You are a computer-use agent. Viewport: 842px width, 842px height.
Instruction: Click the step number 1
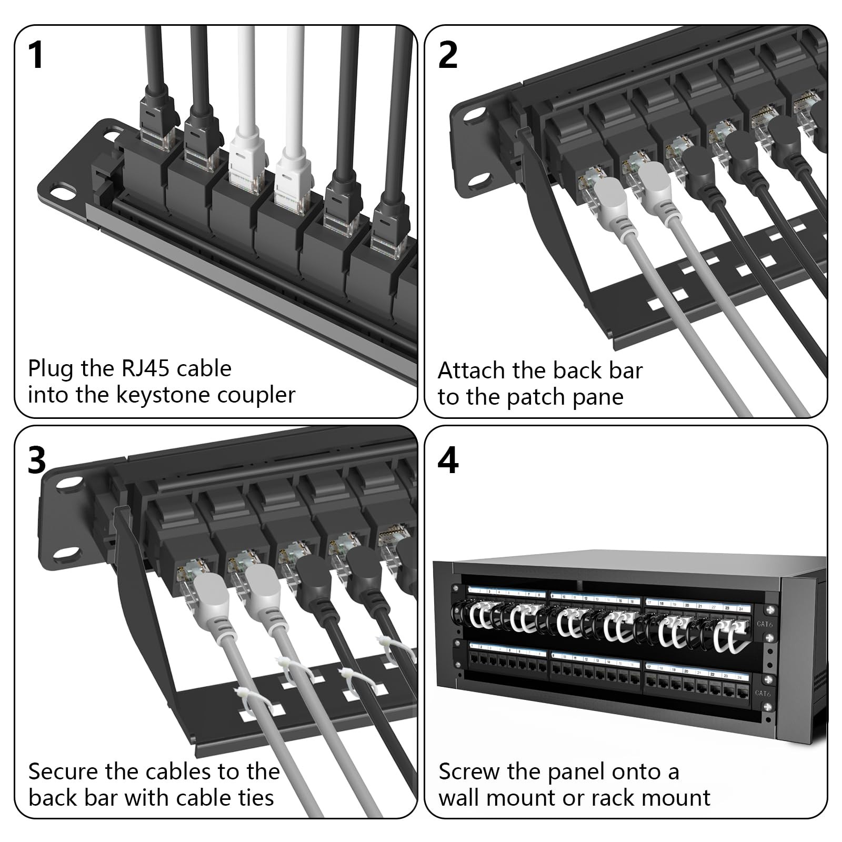(36, 55)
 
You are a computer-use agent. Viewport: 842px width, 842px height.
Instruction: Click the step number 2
(448, 55)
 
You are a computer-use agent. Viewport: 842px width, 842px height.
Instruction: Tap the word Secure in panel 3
(63, 772)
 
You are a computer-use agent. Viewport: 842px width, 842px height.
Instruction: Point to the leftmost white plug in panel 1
(245, 155)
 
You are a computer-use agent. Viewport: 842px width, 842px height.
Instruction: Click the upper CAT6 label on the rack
(765, 624)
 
